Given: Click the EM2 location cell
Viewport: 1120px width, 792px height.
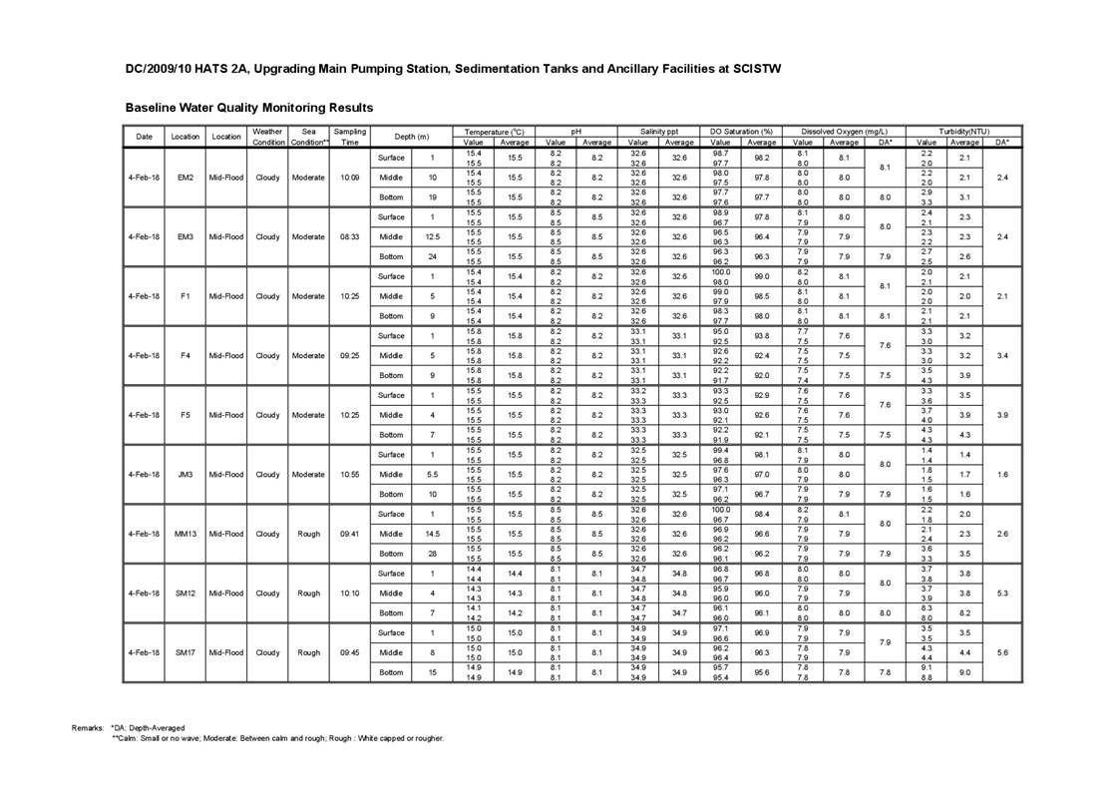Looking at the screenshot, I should [186, 178].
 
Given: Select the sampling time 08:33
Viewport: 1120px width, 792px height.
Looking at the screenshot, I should [349, 237].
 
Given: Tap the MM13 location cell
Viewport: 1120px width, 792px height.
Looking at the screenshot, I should [186, 534].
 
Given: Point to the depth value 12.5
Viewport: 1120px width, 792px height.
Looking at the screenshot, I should [432, 237].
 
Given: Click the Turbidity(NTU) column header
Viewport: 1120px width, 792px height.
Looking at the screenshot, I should [963, 131].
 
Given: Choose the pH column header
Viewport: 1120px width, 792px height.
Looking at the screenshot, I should [575, 131].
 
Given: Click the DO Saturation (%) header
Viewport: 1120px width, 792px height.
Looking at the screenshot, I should [741, 131].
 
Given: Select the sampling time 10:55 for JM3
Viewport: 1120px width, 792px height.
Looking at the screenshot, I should [349, 475].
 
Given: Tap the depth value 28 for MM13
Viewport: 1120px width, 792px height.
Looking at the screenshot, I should [432, 554].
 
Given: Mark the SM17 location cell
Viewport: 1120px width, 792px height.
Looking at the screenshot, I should [186, 652].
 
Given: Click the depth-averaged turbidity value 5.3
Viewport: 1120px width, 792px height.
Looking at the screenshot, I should [1001, 594].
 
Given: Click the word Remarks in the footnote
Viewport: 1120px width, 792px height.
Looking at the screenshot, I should [88, 728].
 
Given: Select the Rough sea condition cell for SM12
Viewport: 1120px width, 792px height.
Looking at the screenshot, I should [308, 594].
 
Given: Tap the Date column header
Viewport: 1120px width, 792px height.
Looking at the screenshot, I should [145, 137].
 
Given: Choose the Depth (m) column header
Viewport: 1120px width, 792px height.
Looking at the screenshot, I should [411, 137].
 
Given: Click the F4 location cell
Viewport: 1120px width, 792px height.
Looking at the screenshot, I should [186, 356].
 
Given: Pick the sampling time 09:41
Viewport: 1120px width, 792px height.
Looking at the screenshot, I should [349, 534].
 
